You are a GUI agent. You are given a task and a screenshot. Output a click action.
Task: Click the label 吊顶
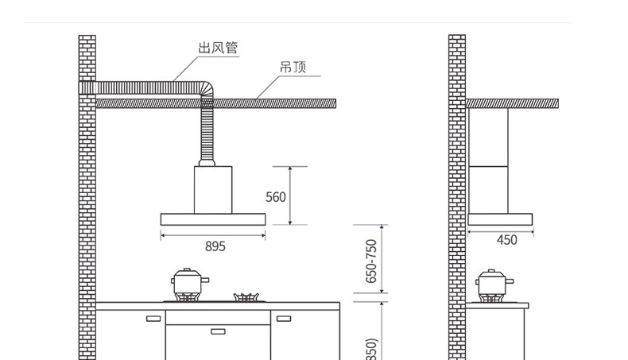tap(292, 67)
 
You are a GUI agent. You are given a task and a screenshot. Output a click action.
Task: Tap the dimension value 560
tap(275, 196)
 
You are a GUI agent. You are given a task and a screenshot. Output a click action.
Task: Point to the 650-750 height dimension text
tap(371, 261)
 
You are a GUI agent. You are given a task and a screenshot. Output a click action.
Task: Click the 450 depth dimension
tap(506, 240)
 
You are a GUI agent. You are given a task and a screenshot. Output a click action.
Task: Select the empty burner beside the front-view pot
tap(246, 298)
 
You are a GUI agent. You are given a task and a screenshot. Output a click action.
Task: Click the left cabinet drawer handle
tap(153, 319)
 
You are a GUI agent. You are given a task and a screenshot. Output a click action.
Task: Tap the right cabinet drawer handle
tap(283, 319)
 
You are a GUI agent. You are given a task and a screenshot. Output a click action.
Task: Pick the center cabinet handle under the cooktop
tap(218, 331)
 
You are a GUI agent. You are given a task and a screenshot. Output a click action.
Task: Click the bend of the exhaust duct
tap(205, 86)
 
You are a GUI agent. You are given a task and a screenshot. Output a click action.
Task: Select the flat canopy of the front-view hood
tap(213, 219)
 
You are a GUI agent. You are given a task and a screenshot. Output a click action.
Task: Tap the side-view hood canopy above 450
tap(500, 219)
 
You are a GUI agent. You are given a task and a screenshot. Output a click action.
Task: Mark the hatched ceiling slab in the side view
tap(511, 104)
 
